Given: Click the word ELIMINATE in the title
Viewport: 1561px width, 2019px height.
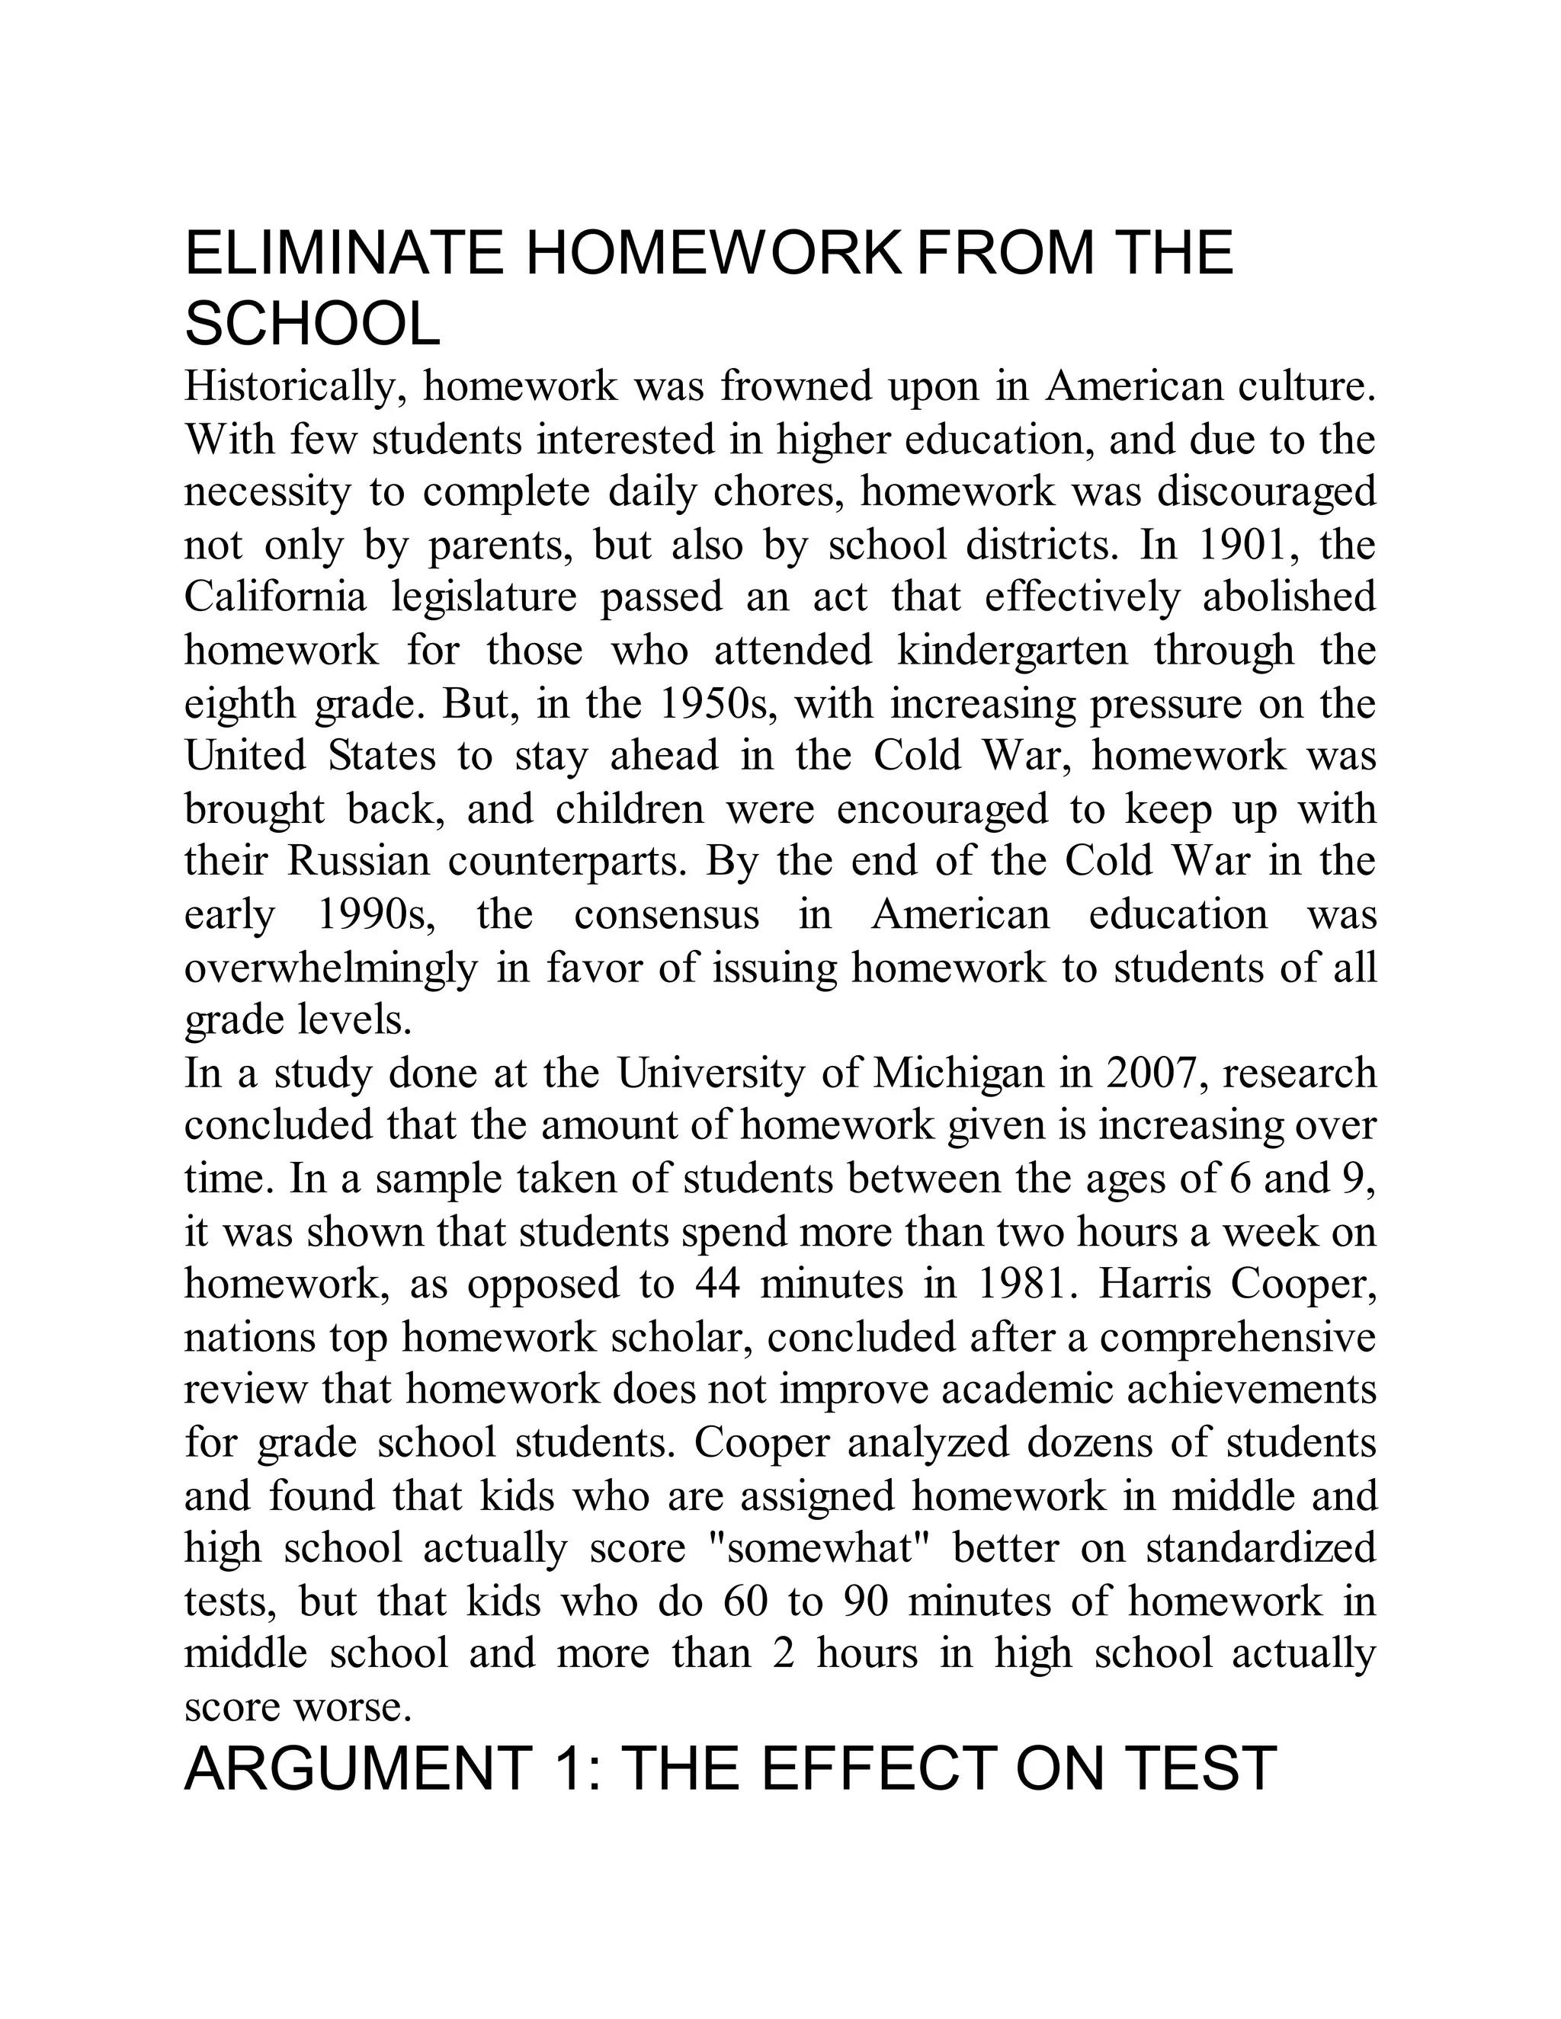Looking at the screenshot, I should pos(344,252).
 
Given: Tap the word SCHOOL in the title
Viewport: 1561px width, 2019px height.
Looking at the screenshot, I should pos(313,325).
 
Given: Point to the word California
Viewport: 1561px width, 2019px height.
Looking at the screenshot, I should pos(276,597).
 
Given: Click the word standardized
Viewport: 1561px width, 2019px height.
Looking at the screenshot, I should pos(1261,1547).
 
